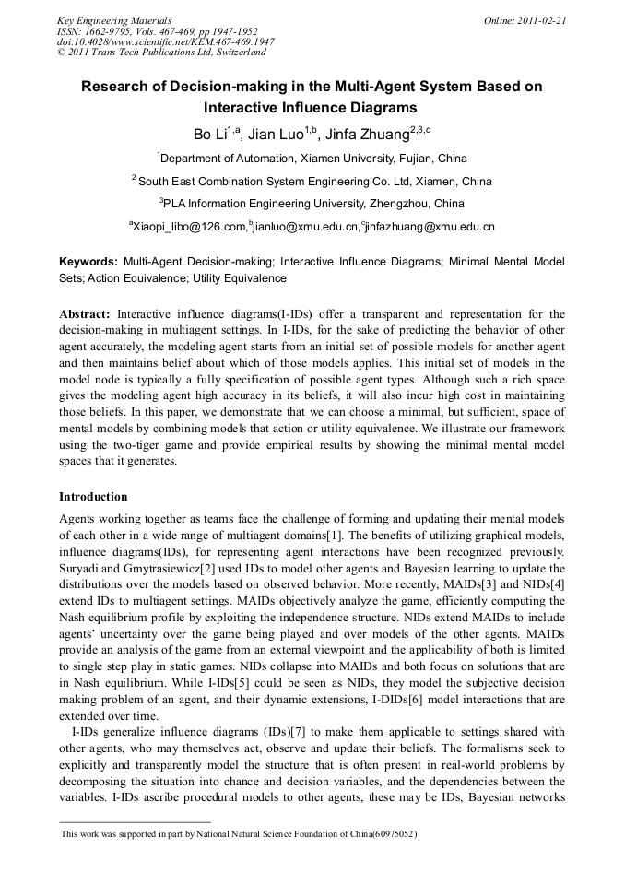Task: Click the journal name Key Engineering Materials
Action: coord(114,19)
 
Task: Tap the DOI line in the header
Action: coord(165,41)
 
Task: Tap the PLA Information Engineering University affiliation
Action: coord(313,203)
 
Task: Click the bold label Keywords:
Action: coord(88,262)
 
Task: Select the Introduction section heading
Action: coord(93,497)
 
